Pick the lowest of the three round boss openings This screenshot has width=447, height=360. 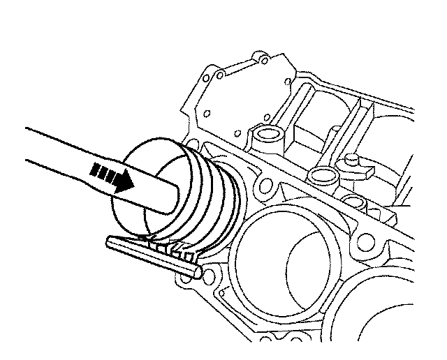356,204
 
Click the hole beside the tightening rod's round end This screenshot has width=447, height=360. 185,276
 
